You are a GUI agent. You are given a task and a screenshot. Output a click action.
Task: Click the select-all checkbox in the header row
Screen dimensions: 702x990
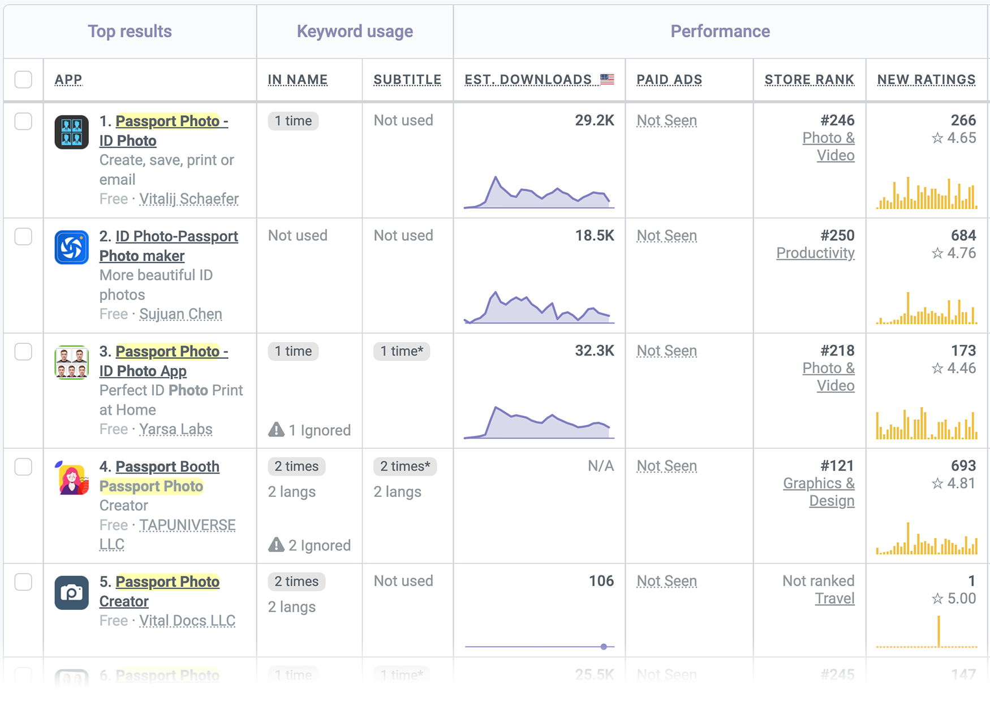(23, 80)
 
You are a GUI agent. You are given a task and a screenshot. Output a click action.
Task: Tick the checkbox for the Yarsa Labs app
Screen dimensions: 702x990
(23, 352)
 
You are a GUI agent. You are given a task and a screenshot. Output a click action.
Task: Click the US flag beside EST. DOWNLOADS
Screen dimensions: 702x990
(607, 79)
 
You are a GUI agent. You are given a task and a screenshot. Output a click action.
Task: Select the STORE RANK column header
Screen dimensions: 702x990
(809, 80)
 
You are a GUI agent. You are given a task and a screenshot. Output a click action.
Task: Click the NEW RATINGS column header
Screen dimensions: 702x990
(926, 80)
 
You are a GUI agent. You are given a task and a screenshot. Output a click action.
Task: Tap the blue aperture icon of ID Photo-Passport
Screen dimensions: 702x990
(71, 248)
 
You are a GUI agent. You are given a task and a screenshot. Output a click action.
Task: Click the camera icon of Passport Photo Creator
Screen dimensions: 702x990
(71, 593)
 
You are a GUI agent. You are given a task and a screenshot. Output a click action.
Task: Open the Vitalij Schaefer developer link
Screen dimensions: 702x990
(189, 199)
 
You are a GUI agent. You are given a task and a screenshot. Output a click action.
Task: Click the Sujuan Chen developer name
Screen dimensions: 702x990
(180, 314)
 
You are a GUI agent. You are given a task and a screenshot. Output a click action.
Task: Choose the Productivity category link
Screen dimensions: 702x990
(815, 253)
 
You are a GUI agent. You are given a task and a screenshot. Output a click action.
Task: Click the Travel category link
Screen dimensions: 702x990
(834, 599)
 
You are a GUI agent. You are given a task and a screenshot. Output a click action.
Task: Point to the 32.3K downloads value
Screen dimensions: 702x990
(594, 351)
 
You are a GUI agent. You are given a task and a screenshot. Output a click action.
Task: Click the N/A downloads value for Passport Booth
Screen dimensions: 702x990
(600, 466)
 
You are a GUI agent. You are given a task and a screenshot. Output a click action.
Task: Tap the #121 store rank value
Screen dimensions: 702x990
(837, 466)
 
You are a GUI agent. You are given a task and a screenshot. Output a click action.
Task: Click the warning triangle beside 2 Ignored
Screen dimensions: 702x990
(276, 545)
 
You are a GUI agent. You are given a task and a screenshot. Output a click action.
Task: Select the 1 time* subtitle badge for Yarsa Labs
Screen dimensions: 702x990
(402, 352)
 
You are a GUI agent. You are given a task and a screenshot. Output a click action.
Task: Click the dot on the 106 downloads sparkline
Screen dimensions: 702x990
(604, 647)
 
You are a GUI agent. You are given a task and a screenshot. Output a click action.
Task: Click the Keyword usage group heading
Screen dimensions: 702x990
(355, 32)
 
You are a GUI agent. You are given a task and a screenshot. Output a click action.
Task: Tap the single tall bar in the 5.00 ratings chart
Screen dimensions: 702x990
(939, 631)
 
